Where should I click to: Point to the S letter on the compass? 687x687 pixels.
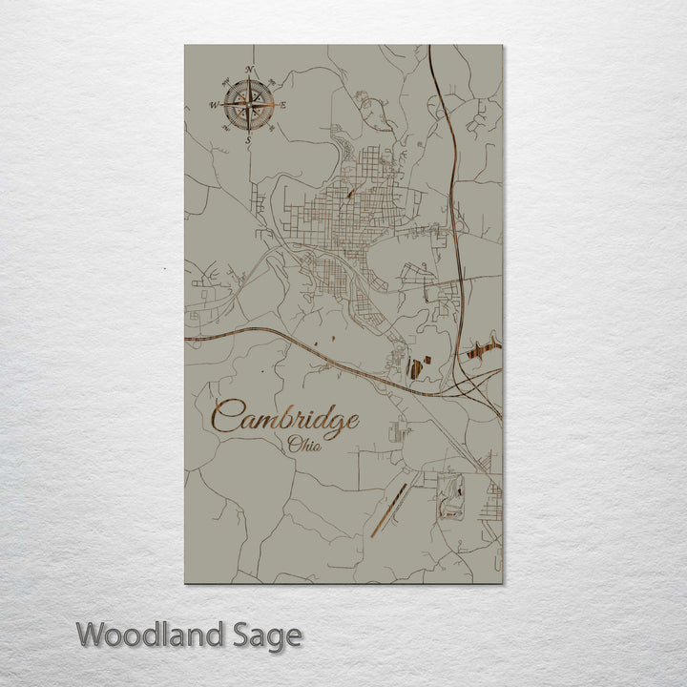click(248, 139)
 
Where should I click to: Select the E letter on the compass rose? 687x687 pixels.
click(282, 106)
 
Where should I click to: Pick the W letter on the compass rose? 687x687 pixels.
click(214, 105)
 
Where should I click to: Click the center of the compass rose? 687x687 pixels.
click(249, 105)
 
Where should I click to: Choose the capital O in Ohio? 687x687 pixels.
click(293, 444)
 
